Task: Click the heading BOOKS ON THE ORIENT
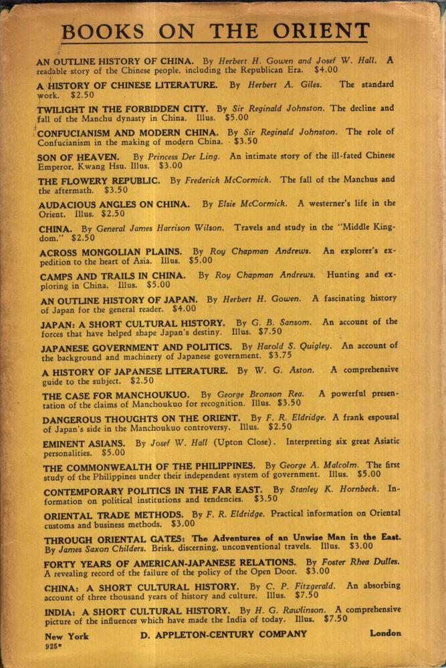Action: coord(215,31)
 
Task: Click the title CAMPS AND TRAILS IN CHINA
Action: coord(111,275)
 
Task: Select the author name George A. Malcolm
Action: coord(318,466)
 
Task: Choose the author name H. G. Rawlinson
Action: coord(291,610)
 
